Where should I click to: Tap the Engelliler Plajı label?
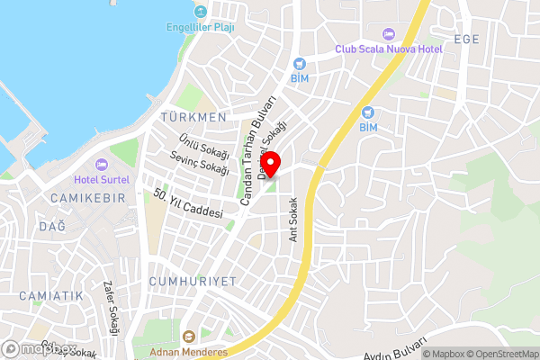[200, 27]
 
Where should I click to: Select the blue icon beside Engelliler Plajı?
[200, 12]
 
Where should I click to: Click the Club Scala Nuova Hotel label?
[389, 49]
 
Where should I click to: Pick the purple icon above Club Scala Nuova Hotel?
[389, 33]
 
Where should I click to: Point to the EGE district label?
[467, 39]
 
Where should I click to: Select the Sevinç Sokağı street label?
[199, 163]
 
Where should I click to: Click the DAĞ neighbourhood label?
[51, 226]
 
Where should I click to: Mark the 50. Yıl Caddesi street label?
[187, 206]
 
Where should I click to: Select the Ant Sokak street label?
[292, 221]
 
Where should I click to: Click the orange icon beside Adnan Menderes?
[189, 336]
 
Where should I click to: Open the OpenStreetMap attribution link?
[501, 354]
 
